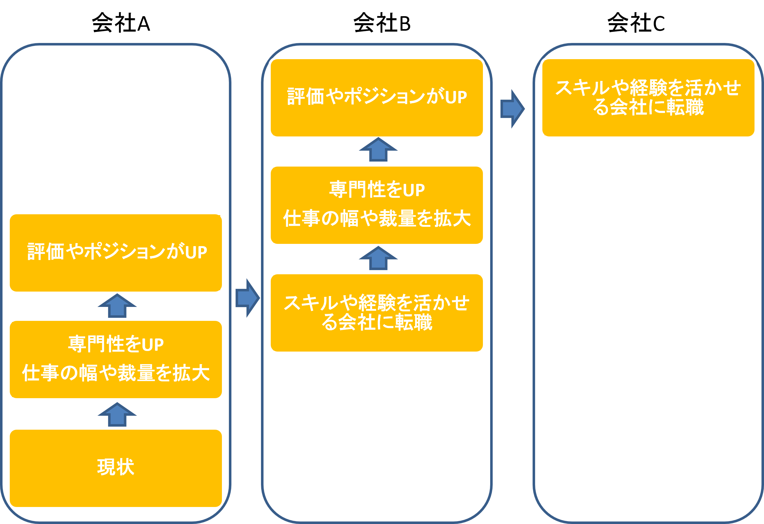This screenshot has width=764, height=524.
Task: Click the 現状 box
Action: (116, 468)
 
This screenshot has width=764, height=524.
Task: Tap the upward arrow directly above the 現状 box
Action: (117, 415)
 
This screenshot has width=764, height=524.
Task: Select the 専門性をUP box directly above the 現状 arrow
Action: (116, 359)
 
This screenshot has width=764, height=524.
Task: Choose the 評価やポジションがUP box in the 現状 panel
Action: (116, 253)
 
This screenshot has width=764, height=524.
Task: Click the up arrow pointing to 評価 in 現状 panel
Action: (117, 306)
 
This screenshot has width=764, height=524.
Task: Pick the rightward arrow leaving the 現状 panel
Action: (248, 298)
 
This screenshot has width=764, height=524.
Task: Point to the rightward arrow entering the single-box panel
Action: (512, 109)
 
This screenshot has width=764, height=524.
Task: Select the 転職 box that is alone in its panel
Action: (648, 98)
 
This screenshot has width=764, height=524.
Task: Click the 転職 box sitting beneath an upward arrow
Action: (377, 313)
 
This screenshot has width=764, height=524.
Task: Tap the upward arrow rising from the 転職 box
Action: (378, 259)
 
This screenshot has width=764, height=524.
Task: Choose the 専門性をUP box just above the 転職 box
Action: (377, 205)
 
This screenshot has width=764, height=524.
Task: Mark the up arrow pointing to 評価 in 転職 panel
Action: (378, 150)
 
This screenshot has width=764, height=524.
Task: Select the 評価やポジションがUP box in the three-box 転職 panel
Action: (377, 98)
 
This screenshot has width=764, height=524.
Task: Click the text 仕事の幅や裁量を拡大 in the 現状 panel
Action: (116, 373)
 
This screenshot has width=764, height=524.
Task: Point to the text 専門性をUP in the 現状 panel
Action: (116, 344)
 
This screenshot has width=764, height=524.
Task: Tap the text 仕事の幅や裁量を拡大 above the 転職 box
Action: (377, 218)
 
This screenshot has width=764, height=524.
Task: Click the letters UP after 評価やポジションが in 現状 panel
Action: (196, 253)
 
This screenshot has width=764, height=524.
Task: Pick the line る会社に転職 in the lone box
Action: (648, 107)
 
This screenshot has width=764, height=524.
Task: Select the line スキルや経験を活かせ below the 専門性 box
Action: (377, 303)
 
